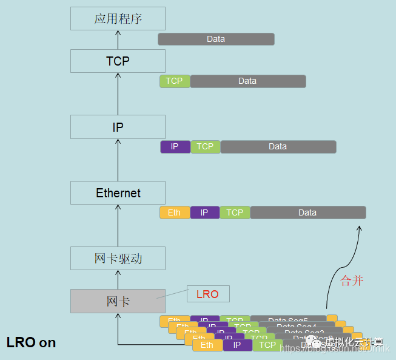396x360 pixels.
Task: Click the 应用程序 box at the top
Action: [x=118, y=18]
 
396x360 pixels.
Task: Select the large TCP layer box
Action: [x=118, y=61]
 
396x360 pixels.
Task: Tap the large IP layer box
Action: [x=118, y=127]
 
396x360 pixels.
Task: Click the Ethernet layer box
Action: [x=118, y=193]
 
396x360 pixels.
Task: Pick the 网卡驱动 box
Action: [x=118, y=258]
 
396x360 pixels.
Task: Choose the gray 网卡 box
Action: [x=118, y=301]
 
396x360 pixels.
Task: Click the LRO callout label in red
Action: [x=208, y=294]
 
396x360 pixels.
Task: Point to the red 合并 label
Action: [x=352, y=280]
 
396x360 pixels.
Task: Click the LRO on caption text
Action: [x=31, y=342]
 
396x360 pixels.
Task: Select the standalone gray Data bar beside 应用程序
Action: [x=216, y=39]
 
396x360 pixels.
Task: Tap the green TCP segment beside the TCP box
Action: [x=175, y=81]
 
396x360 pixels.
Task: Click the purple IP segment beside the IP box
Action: [x=175, y=146]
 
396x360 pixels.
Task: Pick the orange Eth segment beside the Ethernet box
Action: [x=175, y=212]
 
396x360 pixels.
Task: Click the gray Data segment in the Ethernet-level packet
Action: [x=307, y=212]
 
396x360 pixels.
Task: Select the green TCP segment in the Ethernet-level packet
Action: [x=235, y=212]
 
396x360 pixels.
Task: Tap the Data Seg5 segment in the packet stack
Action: [x=289, y=319]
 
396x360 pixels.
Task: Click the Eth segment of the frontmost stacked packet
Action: [x=207, y=345]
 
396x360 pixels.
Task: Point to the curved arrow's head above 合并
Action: [x=360, y=228]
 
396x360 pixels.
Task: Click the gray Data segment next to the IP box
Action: [x=278, y=146]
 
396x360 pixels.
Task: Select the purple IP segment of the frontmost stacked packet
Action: [x=237, y=345]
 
